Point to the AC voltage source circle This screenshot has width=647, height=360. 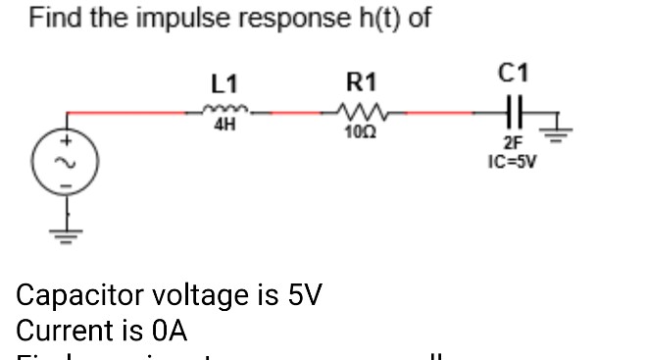[x=69, y=157]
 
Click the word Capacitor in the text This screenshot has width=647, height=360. [x=79, y=295]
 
